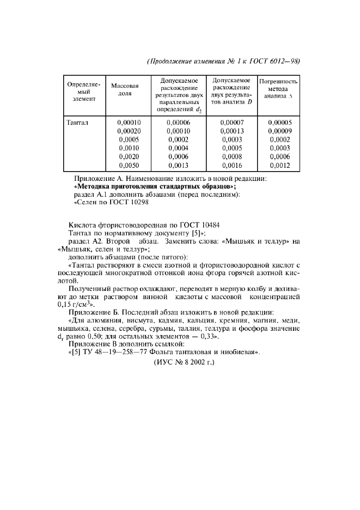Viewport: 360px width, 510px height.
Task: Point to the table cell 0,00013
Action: click(x=231, y=131)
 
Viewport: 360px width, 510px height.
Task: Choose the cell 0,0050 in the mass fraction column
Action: click(x=129, y=165)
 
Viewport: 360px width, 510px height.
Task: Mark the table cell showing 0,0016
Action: click(x=231, y=165)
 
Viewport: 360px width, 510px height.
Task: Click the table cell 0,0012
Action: click(x=279, y=165)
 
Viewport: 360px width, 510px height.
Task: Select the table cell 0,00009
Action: click(x=279, y=131)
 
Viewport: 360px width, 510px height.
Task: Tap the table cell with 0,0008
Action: click(x=231, y=156)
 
